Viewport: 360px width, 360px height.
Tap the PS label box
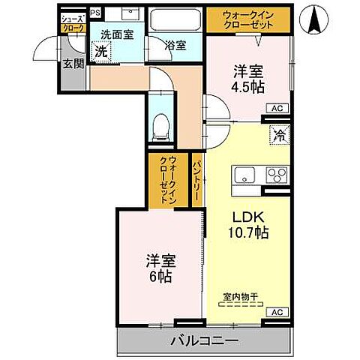click(95, 13)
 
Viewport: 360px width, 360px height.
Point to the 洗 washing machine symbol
click(101, 52)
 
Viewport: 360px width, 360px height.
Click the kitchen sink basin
click(245, 177)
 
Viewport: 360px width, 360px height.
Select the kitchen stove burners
click(275, 177)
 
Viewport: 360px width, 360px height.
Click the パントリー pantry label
click(196, 180)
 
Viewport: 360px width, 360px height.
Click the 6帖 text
click(160, 277)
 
